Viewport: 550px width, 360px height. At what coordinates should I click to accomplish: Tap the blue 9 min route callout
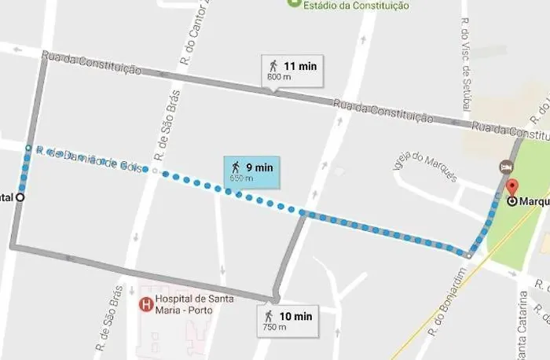coord(251,171)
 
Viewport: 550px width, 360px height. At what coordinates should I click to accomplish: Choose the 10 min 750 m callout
coord(288,321)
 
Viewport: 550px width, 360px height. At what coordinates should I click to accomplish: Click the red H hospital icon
coord(145,304)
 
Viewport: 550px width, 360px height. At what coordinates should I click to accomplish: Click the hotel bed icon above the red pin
coord(507,167)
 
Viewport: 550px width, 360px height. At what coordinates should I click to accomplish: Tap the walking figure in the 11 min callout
coord(273,66)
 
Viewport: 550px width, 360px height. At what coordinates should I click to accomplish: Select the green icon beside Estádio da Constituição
coord(295,3)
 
